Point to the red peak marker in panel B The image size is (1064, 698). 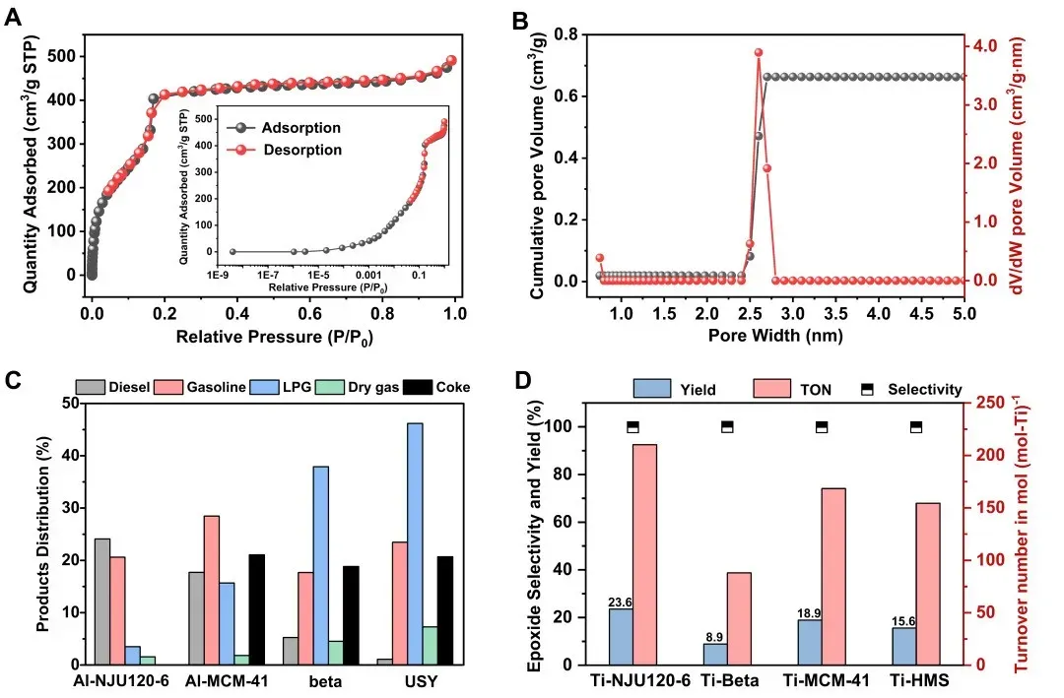coord(759,52)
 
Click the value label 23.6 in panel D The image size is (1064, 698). coord(620,602)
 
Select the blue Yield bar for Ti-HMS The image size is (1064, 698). coord(903,646)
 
